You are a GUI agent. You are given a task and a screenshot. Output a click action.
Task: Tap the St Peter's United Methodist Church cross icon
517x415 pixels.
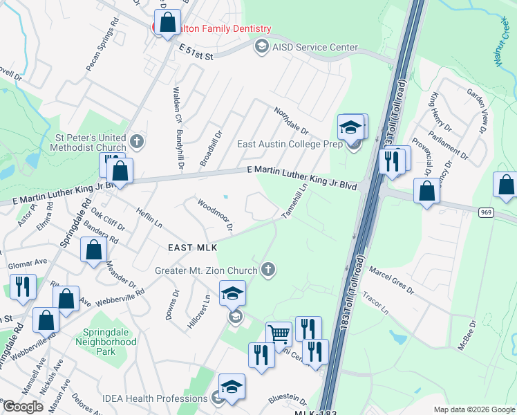pos(137,142)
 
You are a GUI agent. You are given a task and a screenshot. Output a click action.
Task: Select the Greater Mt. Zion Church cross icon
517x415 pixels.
pos(267,270)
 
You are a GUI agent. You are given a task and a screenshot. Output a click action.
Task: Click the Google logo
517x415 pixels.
pos(23,407)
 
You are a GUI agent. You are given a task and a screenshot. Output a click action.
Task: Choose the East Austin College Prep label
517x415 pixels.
pos(291,144)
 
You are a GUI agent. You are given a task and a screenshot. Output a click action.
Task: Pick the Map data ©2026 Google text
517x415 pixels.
pos(473,409)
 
